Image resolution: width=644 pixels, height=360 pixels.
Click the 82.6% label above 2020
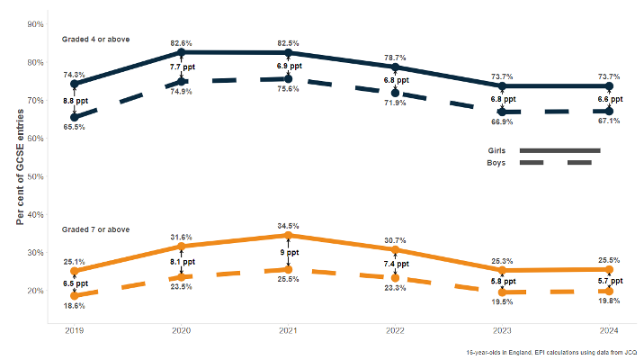[x=181, y=43]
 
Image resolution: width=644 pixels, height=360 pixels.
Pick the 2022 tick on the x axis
[x=394, y=331]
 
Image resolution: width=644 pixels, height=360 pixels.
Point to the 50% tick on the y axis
[x=36, y=176]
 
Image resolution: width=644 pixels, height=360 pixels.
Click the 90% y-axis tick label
[x=36, y=24]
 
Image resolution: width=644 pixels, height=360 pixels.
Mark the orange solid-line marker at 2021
[x=288, y=236]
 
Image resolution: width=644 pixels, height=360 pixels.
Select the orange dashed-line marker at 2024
[x=609, y=291]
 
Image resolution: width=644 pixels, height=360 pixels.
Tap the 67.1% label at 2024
[x=609, y=121]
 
